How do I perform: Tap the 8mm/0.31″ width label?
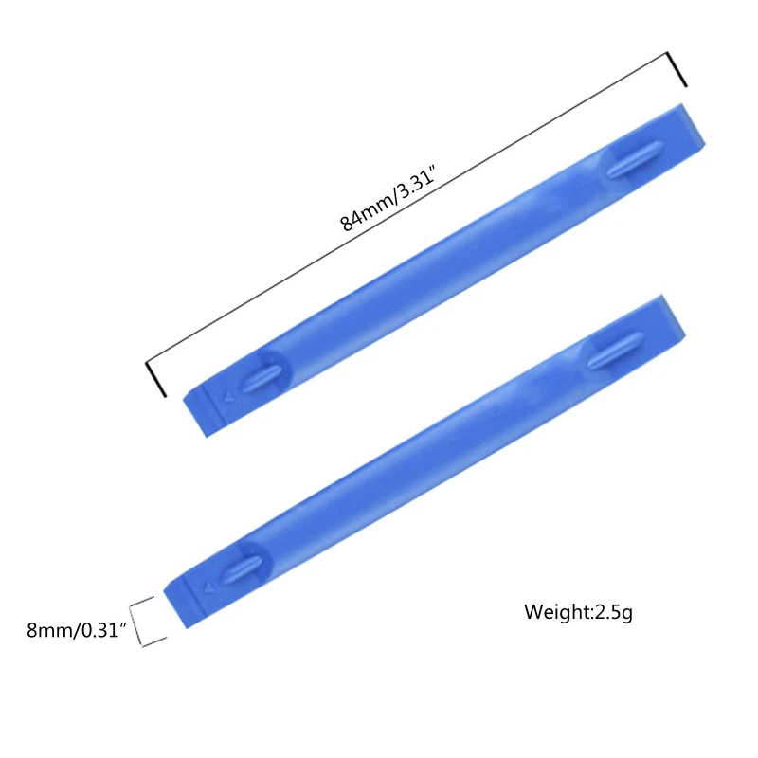point(75,630)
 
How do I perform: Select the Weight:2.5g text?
point(578,612)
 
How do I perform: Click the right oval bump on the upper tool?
point(634,158)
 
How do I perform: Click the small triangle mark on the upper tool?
point(226,395)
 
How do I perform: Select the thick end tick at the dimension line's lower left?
point(156,379)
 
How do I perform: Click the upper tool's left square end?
point(201,412)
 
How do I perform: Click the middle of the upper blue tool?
point(445,270)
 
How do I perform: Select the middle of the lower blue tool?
point(426,460)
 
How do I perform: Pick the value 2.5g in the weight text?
point(614,612)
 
